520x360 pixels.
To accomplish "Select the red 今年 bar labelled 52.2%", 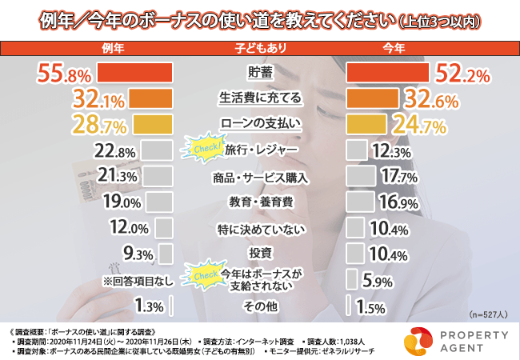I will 386,74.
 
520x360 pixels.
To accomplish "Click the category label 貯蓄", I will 261,74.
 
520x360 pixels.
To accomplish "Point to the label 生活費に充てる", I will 261,99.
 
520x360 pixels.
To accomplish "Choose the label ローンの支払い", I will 261,124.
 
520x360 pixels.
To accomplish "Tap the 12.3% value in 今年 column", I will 391,150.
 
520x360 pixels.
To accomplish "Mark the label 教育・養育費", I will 261,201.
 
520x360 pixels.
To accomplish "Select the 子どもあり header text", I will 261,50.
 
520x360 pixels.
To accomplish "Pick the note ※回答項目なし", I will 128,280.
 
